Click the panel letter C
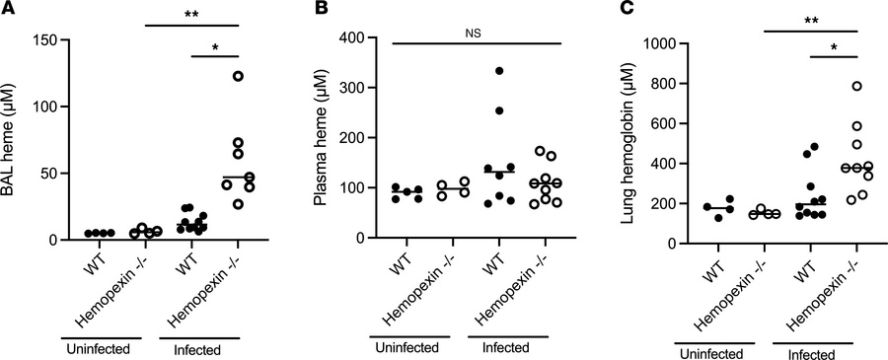coord(608,9)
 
